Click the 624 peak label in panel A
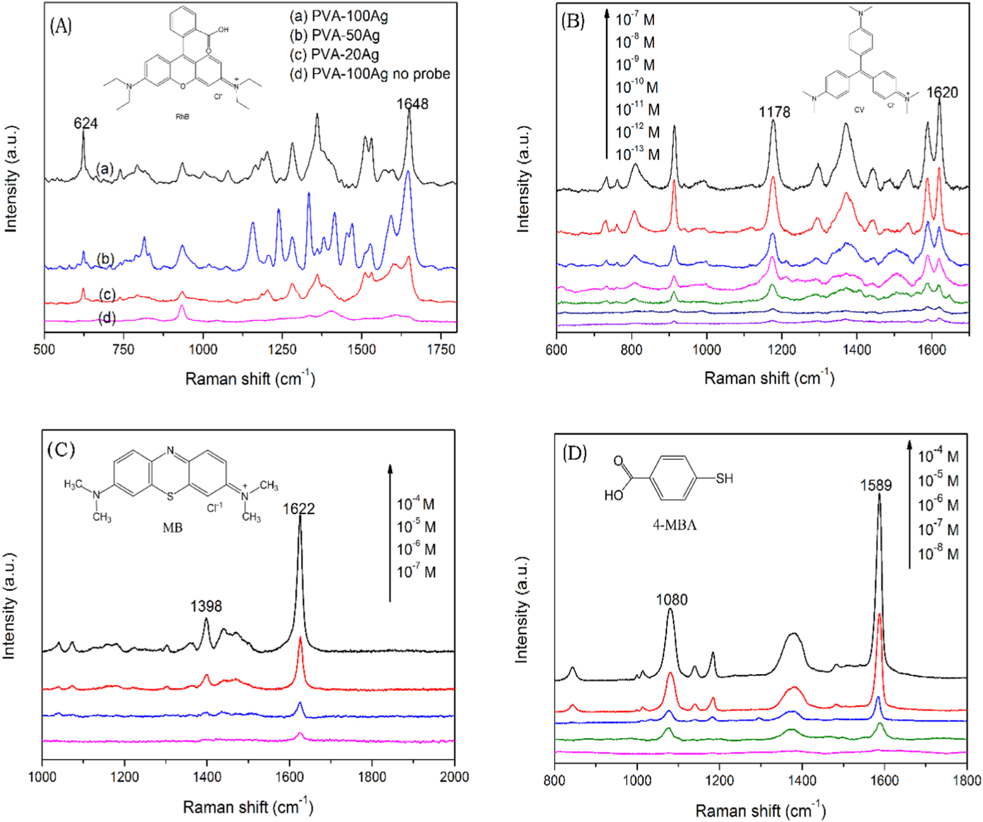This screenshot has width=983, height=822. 86,123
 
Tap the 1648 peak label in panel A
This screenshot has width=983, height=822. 413,104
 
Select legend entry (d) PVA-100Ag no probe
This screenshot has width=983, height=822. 369,74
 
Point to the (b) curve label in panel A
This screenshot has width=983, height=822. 105,259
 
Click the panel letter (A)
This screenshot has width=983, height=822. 61,26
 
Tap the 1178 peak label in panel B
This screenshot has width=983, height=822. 774,112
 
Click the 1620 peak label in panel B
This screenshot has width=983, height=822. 942,93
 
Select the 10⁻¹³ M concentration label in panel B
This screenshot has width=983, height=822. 637,154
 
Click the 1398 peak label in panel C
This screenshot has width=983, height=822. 206,606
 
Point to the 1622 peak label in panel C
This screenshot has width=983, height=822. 299,509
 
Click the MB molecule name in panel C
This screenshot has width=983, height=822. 173,528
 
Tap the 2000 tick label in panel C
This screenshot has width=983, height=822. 454,777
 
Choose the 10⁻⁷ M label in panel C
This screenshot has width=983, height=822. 416,572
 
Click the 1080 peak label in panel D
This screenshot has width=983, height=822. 672,600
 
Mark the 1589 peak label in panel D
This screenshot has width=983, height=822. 876,486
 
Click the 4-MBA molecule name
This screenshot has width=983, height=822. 674,525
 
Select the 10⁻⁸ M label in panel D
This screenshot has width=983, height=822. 938,554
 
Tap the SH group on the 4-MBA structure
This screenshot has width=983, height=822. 724,479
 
